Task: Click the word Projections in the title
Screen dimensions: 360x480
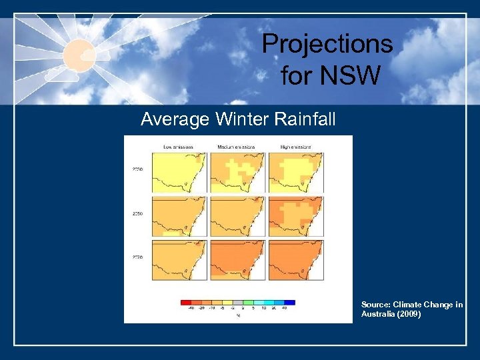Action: point(327,44)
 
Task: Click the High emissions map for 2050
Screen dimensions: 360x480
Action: point(296,215)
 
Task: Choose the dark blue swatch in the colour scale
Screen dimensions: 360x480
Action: point(289,302)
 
